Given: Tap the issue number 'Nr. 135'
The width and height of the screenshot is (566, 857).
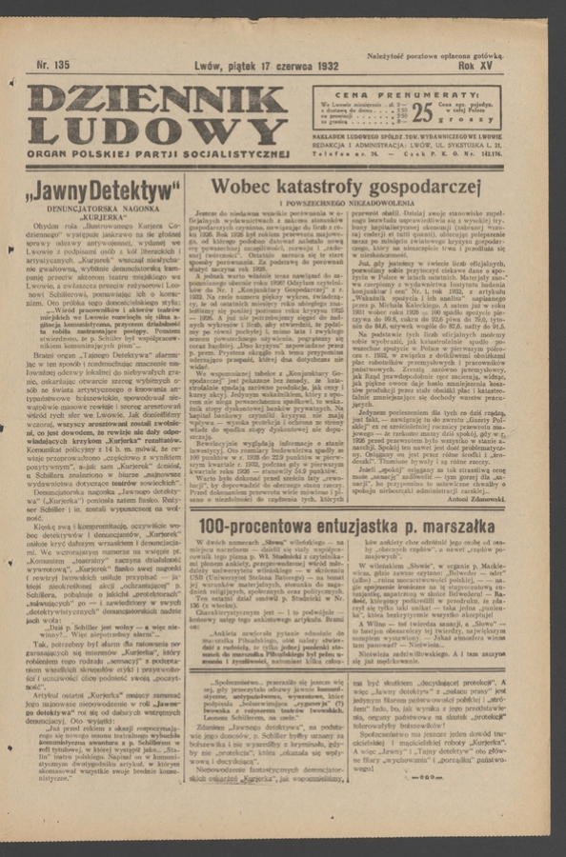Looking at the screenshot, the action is pos(53,66).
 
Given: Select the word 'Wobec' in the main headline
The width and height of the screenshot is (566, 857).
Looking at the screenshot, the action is pos(239,187).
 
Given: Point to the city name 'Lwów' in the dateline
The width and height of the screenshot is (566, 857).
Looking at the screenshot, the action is pos(208,66).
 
